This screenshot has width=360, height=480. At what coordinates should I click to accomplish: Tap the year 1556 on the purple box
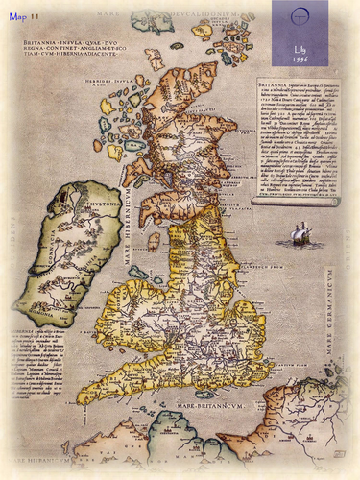300,58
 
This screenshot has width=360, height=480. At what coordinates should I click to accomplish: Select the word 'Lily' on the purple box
300,46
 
